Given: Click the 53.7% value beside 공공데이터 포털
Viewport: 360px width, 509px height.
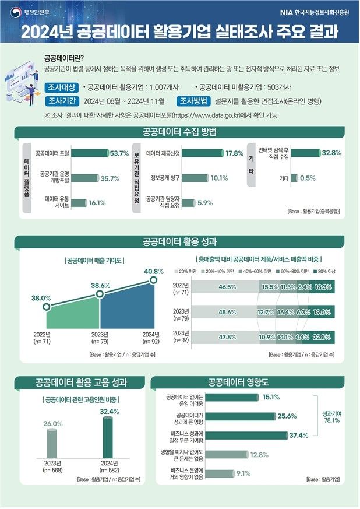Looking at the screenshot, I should pyautogui.click(x=119, y=153).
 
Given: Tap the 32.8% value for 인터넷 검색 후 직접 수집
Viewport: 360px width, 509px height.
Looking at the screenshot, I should pyautogui.click(x=331, y=153).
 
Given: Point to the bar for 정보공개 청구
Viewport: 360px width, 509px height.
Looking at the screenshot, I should pyautogui.click(x=190, y=178).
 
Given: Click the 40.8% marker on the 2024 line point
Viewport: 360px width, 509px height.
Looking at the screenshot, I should pyautogui.click(x=154, y=280).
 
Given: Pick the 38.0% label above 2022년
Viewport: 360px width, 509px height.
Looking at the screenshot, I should pyautogui.click(x=41, y=298).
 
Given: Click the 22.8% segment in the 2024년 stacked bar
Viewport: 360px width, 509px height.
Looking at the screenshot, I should pyautogui.click(x=322, y=337).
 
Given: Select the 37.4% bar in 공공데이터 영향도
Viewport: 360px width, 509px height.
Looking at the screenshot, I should pyautogui.click(x=248, y=435).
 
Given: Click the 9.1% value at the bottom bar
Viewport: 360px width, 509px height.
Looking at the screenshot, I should pyautogui.click(x=243, y=473).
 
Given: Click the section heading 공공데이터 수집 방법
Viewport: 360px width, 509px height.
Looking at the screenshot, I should pyautogui.click(x=179, y=132).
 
